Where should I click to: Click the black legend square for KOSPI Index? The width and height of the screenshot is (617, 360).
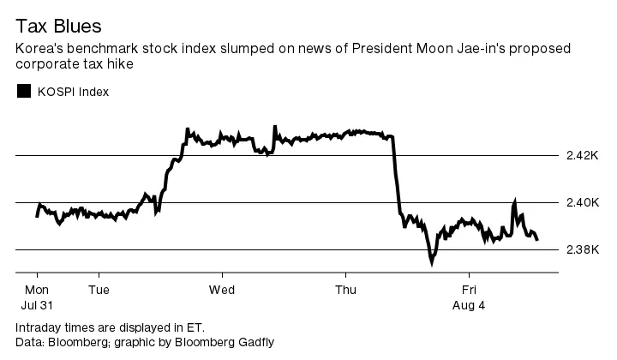(24, 91)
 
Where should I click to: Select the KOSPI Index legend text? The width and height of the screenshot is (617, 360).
(72, 92)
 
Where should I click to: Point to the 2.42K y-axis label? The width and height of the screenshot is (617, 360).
(582, 156)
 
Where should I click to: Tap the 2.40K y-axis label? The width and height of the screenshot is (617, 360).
(582, 203)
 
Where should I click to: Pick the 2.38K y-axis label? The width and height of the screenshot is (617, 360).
(582, 250)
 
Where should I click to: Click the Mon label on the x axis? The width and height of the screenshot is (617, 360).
(38, 290)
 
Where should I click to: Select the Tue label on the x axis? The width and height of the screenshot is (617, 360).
(99, 290)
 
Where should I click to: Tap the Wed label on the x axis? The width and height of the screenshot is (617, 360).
(222, 290)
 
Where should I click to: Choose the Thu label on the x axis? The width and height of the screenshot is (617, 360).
(345, 290)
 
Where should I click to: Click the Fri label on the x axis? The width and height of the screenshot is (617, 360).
(469, 290)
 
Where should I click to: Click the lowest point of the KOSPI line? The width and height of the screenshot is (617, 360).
(432, 264)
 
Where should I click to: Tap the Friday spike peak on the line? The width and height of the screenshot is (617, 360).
(515, 201)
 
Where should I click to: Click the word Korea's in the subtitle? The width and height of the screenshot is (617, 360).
(39, 48)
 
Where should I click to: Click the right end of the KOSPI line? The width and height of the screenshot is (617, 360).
(537, 239)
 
